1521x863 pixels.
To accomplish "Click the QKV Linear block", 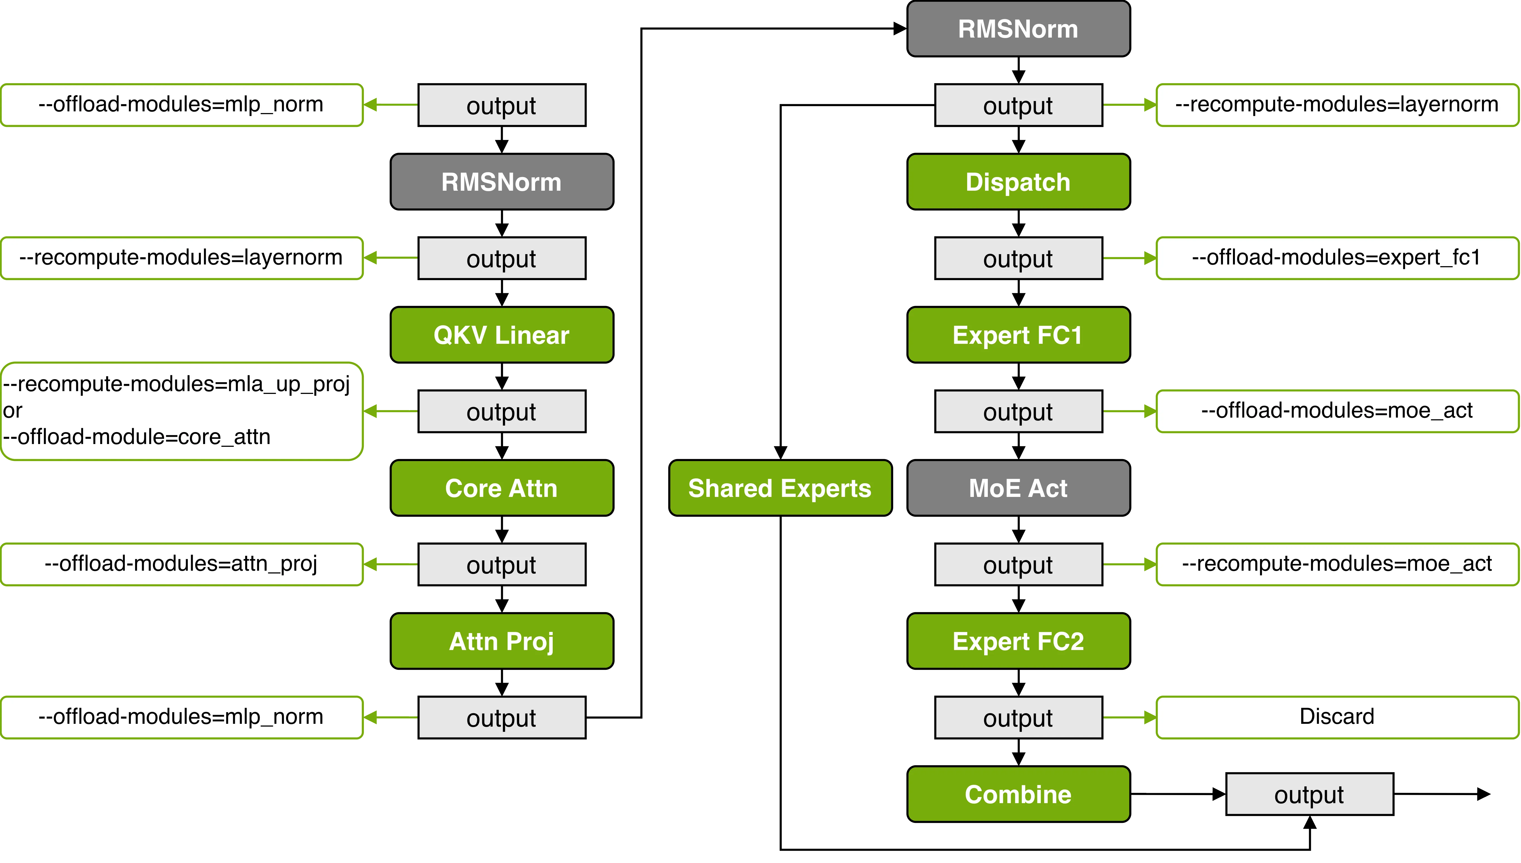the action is click(x=502, y=335).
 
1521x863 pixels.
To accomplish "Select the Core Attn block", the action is click(x=502, y=488).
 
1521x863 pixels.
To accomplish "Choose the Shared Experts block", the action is click(x=780, y=488).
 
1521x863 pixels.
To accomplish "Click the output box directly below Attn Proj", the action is click(x=502, y=717).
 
